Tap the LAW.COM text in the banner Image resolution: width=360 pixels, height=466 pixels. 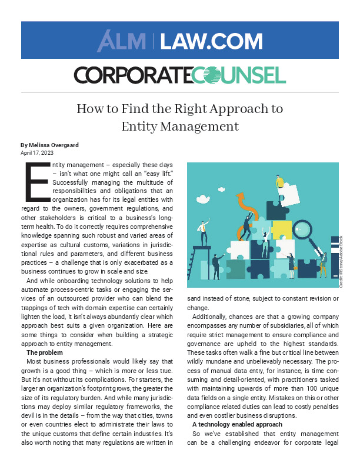tap(211, 41)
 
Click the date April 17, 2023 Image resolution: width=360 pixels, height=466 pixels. tap(37, 152)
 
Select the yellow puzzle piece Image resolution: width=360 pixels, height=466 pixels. tap(281, 230)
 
